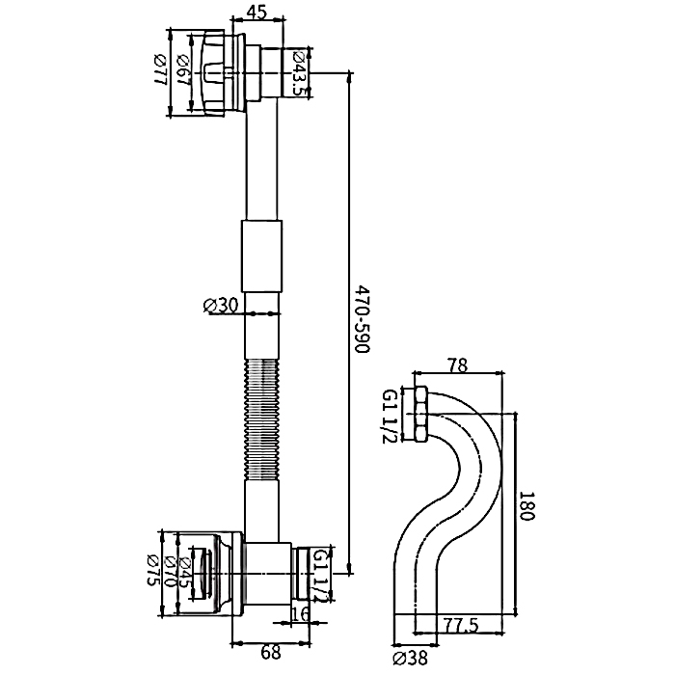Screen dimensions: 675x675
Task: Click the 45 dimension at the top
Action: click(257, 13)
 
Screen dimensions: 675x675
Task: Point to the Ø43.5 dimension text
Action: click(300, 73)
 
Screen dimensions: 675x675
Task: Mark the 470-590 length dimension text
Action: click(363, 318)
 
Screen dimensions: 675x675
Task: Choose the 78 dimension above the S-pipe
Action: click(459, 366)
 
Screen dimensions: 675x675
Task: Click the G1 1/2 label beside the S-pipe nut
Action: click(390, 418)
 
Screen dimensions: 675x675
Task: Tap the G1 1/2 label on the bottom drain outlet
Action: click(322, 576)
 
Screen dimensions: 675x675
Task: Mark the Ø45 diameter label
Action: click(185, 577)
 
